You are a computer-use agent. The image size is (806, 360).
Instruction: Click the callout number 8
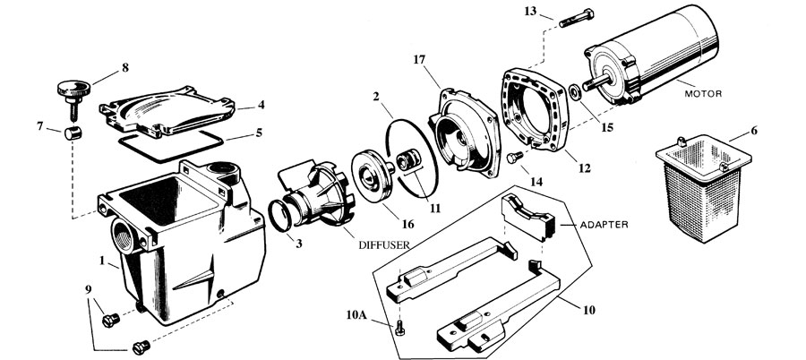124,67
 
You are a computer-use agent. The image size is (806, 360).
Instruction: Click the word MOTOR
703,94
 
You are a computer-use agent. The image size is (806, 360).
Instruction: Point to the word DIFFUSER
384,245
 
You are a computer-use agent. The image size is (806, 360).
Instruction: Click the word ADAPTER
604,225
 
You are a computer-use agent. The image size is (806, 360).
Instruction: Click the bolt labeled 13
576,18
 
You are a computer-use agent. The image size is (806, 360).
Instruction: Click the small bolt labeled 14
515,157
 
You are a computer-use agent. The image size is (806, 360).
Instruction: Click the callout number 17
419,60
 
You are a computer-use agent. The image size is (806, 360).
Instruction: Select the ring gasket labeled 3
279,217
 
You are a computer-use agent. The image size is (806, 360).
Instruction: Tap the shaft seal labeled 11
407,161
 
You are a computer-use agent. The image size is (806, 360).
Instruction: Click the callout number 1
102,261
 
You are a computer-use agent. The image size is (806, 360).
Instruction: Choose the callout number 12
585,167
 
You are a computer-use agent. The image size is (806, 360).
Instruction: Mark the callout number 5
259,133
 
